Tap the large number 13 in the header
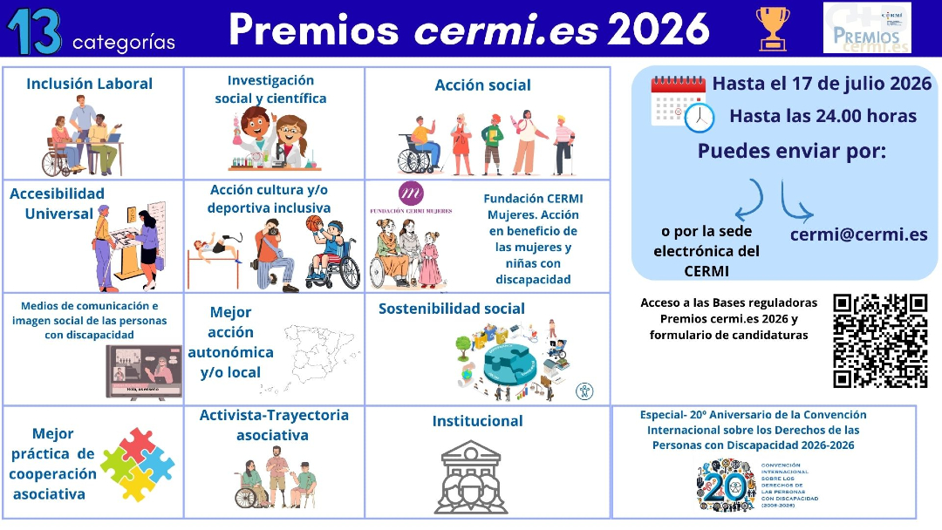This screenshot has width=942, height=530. tap(34, 31)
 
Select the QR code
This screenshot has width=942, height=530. tap(879, 340)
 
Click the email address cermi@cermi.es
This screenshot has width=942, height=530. tap(858, 234)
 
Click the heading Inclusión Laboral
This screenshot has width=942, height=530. tap(89, 84)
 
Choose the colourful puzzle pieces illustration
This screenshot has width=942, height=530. tap(137, 464)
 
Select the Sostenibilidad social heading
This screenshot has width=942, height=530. tap(451, 309)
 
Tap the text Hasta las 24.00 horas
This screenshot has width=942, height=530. tap(823, 116)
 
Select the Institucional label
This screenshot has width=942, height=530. tap(477, 421)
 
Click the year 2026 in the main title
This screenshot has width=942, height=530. tap(659, 30)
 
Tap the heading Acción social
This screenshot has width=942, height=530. tap(482, 85)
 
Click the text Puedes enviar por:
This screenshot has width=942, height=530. tap(791, 151)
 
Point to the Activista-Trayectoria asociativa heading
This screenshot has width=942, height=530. tap(273, 425)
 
